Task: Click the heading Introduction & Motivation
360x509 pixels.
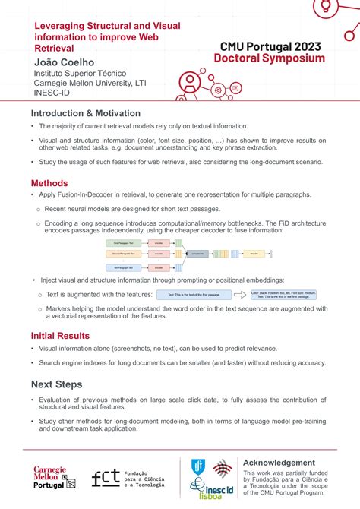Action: coord(86,113)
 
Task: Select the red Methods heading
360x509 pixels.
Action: coord(49,183)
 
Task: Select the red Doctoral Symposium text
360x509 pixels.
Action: coord(269,58)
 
